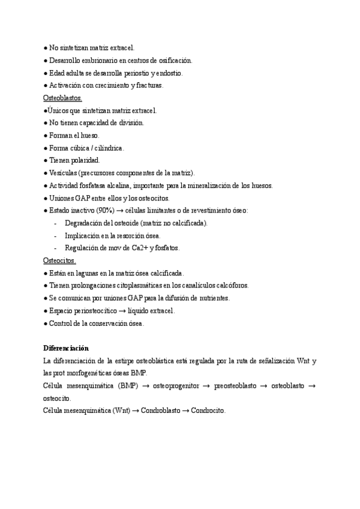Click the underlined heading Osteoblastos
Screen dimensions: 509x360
pyautogui.click(x=63, y=98)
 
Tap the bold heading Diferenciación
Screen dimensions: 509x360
pyautogui.click(x=66, y=348)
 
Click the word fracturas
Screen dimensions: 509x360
pyautogui.click(x=147, y=85)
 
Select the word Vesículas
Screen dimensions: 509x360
pyautogui.click(x=63, y=173)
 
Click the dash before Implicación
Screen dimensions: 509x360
pyautogui.click(x=55, y=235)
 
